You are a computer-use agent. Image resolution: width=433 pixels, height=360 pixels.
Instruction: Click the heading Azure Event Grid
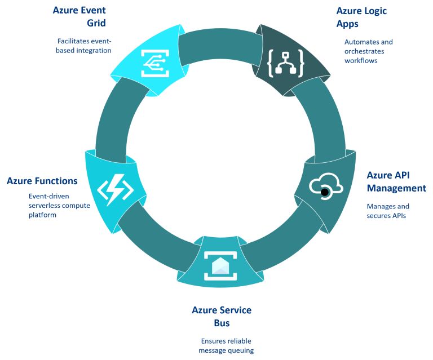click(79, 17)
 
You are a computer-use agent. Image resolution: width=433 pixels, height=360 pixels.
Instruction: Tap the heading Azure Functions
click(42, 181)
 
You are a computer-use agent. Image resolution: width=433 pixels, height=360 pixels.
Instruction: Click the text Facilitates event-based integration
click(84, 46)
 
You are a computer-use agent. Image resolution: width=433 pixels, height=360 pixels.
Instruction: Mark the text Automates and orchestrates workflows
click(368, 51)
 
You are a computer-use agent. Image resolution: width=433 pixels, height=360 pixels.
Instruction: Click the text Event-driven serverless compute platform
click(59, 206)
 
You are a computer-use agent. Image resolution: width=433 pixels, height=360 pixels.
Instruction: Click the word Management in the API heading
click(396, 188)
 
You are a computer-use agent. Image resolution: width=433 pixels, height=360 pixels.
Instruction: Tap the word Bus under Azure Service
click(221, 324)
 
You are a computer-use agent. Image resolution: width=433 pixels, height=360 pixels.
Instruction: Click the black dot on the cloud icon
click(325, 192)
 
